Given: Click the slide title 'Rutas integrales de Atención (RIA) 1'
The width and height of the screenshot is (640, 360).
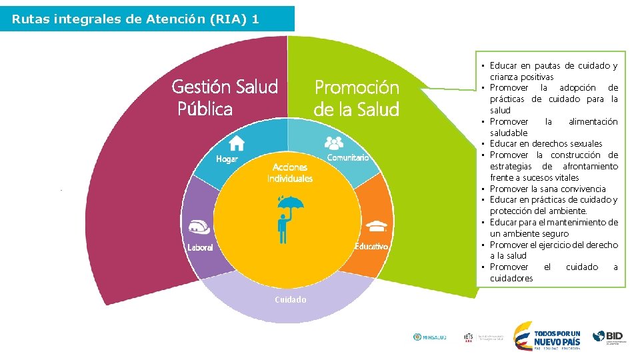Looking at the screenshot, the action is tap(136, 19).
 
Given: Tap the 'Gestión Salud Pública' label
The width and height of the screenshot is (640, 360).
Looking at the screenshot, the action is tap(224, 97).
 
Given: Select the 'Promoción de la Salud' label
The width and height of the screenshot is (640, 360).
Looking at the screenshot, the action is tap(357, 98).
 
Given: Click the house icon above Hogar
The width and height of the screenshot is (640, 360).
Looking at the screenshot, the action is tap(237, 143).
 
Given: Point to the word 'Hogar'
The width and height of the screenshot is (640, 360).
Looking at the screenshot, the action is tap(227, 159).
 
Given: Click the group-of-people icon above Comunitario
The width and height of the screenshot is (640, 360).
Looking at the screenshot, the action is tap(334, 142).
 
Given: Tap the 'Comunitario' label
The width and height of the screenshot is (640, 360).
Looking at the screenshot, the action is tap(347, 158).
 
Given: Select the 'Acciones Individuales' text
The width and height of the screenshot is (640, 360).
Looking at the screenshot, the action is tap(290, 173).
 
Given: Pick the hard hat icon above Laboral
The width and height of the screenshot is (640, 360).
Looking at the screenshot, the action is tap(201, 227).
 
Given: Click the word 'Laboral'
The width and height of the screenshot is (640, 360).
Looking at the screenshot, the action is tap(200, 247).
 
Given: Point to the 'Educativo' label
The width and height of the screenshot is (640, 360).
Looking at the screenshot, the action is tap(372, 247).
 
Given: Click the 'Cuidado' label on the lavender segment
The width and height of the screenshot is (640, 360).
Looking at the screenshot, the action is tap(291, 300).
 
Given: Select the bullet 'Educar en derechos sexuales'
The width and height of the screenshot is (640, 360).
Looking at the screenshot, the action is tap(545, 144).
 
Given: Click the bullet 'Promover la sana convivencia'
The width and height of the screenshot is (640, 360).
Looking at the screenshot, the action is tap(547, 189).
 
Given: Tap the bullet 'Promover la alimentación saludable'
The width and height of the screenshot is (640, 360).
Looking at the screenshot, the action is tap(553, 127).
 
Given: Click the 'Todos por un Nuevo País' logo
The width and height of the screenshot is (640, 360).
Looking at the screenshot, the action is tap(547, 335).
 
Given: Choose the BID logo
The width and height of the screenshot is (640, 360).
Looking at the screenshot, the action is tap(610, 337).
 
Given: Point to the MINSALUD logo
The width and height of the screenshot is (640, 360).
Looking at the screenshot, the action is tap(430, 337).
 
